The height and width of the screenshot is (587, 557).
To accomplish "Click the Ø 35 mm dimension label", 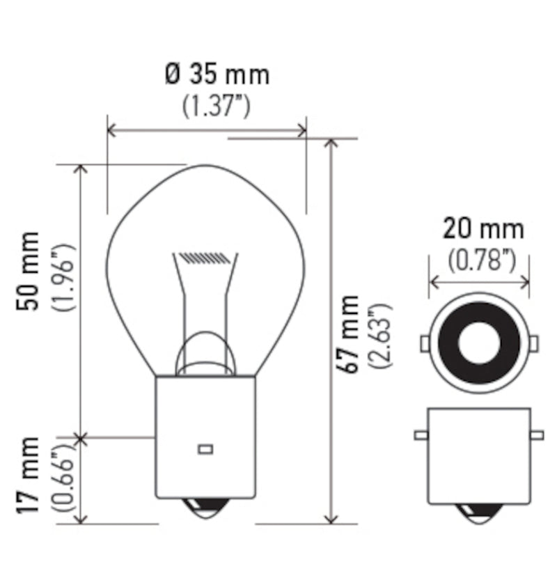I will (217, 75).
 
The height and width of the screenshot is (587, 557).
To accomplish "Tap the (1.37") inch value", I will (217, 106).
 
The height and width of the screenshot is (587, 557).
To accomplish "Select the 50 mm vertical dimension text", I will (29, 270).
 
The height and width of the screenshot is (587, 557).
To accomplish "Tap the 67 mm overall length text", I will (352, 333).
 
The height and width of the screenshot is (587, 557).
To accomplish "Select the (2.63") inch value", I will (382, 336).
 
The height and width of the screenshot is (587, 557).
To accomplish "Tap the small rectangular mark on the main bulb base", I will (205, 449).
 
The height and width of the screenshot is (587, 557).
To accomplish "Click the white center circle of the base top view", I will (480, 342).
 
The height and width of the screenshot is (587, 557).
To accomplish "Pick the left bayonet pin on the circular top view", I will (425, 343).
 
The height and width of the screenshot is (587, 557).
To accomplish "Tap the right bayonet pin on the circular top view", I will (535, 343).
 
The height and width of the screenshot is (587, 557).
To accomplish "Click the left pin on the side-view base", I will (420, 436).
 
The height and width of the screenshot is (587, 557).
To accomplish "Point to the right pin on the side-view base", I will (537, 436).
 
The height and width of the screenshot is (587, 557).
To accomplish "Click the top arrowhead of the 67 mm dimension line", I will (331, 143).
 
